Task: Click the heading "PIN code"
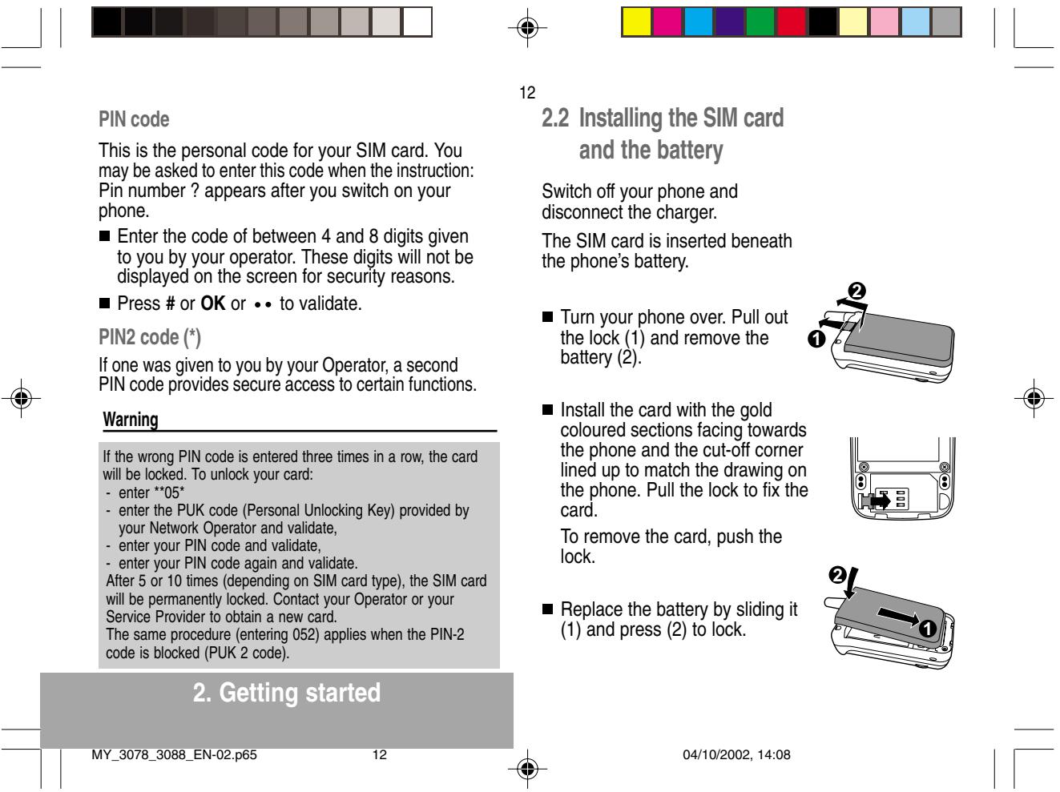[x=134, y=119]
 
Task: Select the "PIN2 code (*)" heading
[x=150, y=337]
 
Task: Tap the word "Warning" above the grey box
[x=131, y=420]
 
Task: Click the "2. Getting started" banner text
[x=286, y=693]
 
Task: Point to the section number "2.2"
[x=555, y=118]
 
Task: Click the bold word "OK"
[x=213, y=304]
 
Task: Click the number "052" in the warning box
[x=306, y=634]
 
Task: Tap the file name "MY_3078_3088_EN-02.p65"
[x=174, y=755]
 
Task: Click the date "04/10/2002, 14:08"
[x=736, y=755]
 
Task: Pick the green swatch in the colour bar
[x=760, y=22]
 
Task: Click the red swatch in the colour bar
[x=791, y=22]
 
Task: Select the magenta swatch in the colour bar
[x=667, y=22]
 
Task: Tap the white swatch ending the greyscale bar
[x=417, y=22]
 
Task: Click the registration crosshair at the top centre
[x=527, y=27]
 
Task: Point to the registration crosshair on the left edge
[x=22, y=398]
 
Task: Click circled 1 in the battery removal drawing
[x=816, y=339]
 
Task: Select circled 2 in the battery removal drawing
[x=856, y=291]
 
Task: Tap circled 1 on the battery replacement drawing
[x=927, y=629]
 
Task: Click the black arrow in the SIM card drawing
[x=881, y=501]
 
